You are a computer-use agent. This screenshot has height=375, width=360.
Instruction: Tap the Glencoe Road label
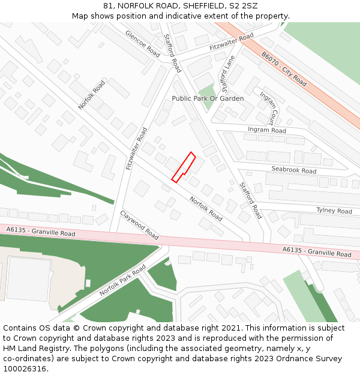pos(143,44)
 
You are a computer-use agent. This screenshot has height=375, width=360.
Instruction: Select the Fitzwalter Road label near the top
pos(232,42)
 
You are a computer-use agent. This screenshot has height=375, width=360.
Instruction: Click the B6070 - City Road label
pos(284,68)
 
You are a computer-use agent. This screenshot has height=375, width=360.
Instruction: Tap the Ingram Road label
pos(267,130)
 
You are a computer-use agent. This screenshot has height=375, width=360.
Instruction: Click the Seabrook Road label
pos(293,170)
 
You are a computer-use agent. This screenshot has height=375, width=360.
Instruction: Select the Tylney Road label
pos(334,211)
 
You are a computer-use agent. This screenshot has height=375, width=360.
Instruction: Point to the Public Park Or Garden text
pos(208,98)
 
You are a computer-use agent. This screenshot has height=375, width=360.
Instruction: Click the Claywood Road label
pos(140,224)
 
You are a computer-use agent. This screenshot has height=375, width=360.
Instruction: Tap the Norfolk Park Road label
pos(122,280)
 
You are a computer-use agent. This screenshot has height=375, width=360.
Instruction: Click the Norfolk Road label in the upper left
pos(91,95)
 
